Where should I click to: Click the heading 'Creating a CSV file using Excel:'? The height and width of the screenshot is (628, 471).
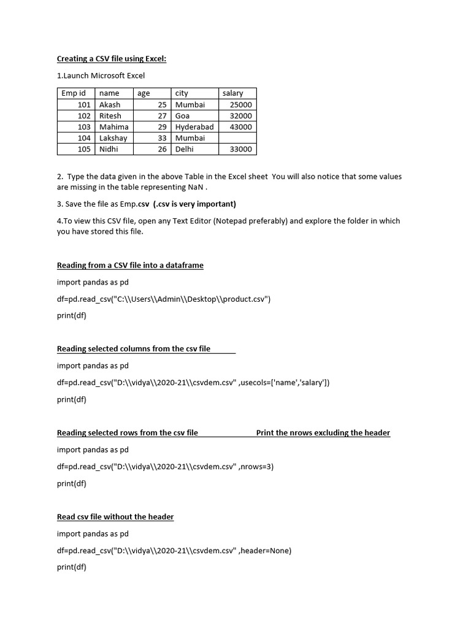[x=112, y=59]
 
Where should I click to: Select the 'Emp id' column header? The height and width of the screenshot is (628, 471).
[x=74, y=93]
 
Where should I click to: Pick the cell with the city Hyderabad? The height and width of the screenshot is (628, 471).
[x=194, y=127]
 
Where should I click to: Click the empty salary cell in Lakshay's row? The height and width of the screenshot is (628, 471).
[x=238, y=138]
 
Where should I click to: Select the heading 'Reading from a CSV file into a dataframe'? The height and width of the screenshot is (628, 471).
[x=130, y=266]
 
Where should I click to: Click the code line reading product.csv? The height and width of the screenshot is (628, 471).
[x=164, y=299]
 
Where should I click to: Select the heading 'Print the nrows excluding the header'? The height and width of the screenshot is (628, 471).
[x=323, y=433]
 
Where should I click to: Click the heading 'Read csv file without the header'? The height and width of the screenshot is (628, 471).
[x=115, y=517]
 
